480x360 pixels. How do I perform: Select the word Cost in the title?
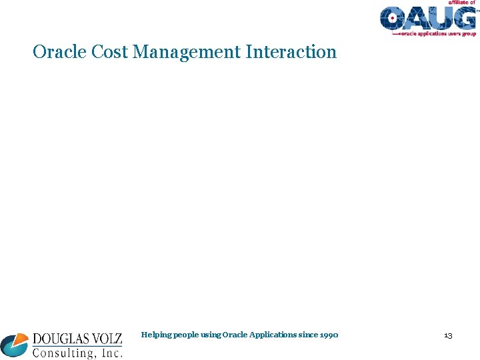point(110,52)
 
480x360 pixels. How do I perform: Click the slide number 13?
point(448,335)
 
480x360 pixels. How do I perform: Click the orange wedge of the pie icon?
point(22,339)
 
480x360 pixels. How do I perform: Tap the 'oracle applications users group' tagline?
point(437,33)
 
